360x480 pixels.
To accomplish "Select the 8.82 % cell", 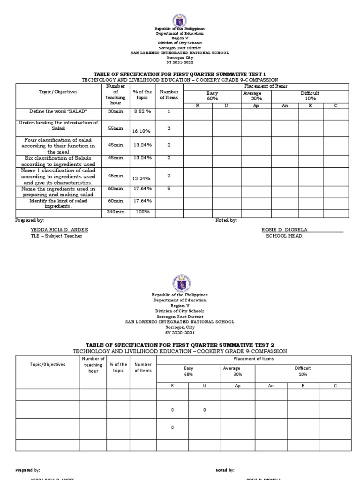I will point(141,112).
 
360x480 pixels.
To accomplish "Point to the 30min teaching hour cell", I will point(115,112).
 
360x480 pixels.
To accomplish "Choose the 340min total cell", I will point(115,212).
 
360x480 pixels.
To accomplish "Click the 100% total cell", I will point(141,212).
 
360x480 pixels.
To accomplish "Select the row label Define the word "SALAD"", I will point(59,112).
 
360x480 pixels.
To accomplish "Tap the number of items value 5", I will point(169,188).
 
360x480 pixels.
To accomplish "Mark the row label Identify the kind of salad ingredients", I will point(59,203).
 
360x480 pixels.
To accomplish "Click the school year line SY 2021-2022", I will point(180,61).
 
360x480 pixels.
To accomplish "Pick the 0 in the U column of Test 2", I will point(204,410).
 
